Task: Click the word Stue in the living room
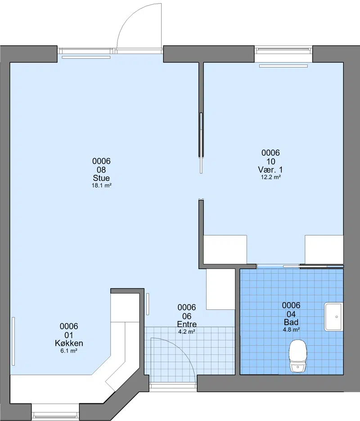(x=101, y=178)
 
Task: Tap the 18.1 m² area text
(x=101, y=185)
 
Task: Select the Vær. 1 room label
(x=270, y=170)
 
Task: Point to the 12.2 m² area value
(x=270, y=177)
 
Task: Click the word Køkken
(x=69, y=343)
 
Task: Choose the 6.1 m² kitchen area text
(x=69, y=351)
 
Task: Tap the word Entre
(x=187, y=324)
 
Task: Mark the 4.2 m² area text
(x=187, y=331)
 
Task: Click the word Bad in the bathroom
(x=291, y=322)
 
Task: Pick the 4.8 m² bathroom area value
(x=291, y=330)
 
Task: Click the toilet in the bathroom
(x=298, y=356)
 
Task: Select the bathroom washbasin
(x=333, y=317)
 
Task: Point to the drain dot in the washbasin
(x=337, y=317)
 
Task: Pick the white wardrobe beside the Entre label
(x=220, y=289)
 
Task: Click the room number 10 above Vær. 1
(x=270, y=161)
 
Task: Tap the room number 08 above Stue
(x=101, y=170)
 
